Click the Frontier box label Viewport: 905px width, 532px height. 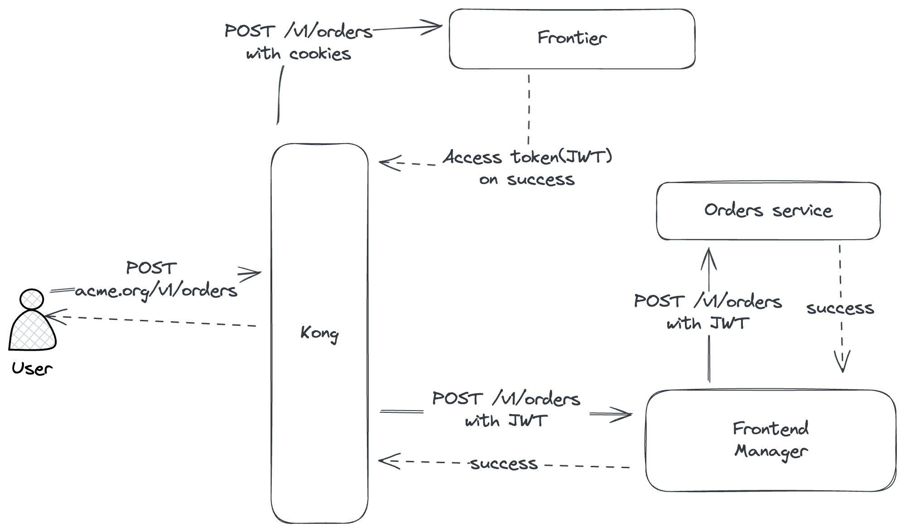click(x=572, y=38)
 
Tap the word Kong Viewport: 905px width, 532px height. click(x=319, y=334)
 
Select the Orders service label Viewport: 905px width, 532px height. click(x=768, y=211)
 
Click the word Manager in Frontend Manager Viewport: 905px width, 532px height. click(x=771, y=451)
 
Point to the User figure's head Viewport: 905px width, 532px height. click(x=32, y=299)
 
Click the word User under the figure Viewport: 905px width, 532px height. click(x=32, y=369)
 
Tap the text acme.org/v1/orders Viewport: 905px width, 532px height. click(x=156, y=291)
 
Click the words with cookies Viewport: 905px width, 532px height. click(x=298, y=54)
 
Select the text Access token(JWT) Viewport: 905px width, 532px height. click(x=527, y=157)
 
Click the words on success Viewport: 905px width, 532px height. click(x=527, y=180)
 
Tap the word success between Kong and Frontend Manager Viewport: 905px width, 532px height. click(x=504, y=464)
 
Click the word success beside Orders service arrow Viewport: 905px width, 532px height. click(x=840, y=309)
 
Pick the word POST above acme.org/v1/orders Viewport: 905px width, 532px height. click(x=151, y=268)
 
